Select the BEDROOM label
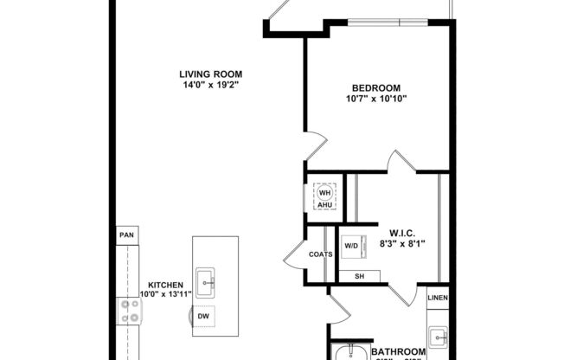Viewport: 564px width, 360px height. pyautogui.click(x=375, y=87)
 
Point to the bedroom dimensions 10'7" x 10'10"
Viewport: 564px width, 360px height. pyautogui.click(x=375, y=99)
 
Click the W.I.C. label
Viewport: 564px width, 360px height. pyautogui.click(x=404, y=233)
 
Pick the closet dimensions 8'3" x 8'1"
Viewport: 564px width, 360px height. pyautogui.click(x=404, y=244)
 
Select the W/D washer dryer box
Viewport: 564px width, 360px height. pyautogui.click(x=352, y=247)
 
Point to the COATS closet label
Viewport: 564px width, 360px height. pyautogui.click(x=321, y=254)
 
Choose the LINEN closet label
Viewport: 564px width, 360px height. pyautogui.click(x=438, y=298)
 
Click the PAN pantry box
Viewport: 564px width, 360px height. pyautogui.click(x=126, y=235)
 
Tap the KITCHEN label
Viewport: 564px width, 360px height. pyautogui.click(x=164, y=285)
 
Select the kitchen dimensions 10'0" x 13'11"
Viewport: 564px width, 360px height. pyautogui.click(x=164, y=295)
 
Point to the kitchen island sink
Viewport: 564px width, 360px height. pyautogui.click(x=206, y=280)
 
